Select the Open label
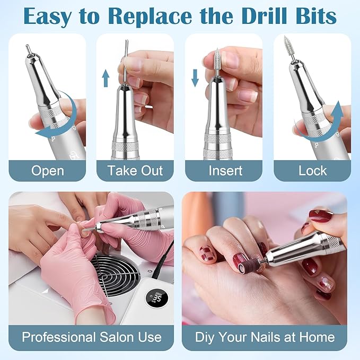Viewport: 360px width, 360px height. (47, 171)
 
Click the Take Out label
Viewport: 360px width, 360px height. (135, 171)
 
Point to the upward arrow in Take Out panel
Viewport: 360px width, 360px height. (106, 78)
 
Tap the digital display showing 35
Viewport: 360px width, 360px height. (157, 299)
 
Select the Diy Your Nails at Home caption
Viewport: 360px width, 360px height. (265, 337)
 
